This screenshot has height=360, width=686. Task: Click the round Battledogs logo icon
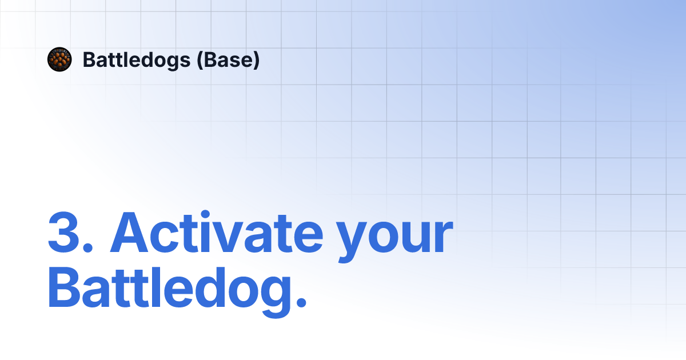[x=59, y=59]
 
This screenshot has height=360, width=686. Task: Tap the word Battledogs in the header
[x=137, y=59]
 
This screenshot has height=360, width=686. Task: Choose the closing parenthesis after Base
[x=256, y=60]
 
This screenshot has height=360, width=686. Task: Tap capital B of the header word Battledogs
[x=89, y=59]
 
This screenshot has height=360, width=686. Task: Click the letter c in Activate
[x=174, y=239]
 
